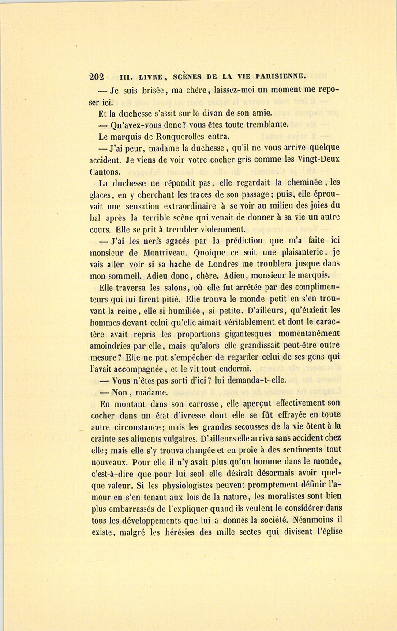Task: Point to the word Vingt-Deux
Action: [x=319, y=159]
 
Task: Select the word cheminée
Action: [x=302, y=182]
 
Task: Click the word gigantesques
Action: [x=240, y=334]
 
